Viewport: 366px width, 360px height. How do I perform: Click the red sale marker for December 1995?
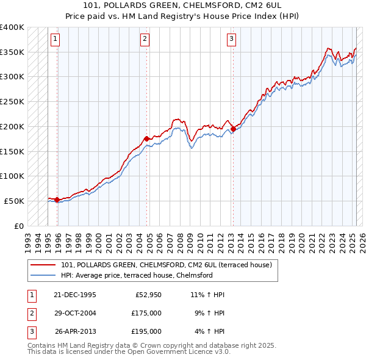click(x=57, y=200)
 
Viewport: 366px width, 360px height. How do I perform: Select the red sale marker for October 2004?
click(x=146, y=139)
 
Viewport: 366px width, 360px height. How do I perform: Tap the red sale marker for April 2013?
click(x=233, y=129)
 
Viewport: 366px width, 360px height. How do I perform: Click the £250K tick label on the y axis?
click(x=12, y=101)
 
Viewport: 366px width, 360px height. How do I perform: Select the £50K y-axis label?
click(x=14, y=201)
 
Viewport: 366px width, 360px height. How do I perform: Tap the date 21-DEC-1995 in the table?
click(x=75, y=295)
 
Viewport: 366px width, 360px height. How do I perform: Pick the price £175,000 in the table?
click(x=146, y=313)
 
